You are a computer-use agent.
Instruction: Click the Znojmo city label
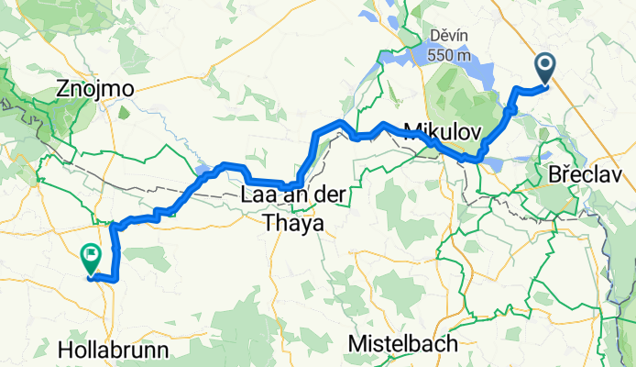click(95, 89)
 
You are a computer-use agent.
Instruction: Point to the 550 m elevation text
click(450, 55)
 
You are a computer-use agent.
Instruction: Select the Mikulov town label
click(442, 131)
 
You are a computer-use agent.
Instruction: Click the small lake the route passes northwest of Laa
click(203, 168)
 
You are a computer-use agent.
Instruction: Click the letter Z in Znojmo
click(62, 89)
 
